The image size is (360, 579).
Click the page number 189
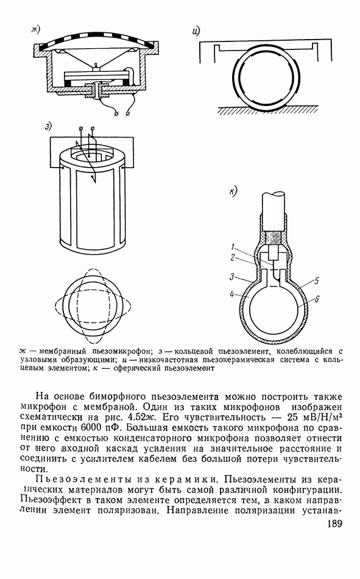tap(334, 524)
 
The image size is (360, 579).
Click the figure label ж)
tap(36, 29)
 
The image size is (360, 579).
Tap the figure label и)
tap(196, 31)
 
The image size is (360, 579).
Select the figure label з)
tap(48, 126)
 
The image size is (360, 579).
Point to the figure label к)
tap(233, 191)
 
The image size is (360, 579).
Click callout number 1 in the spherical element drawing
tap(233, 247)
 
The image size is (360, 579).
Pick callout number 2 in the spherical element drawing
tap(233, 257)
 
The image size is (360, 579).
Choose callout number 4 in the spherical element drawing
tap(231, 294)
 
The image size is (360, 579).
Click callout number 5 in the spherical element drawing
tap(316, 281)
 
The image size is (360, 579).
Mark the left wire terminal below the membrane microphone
tap(117, 113)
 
